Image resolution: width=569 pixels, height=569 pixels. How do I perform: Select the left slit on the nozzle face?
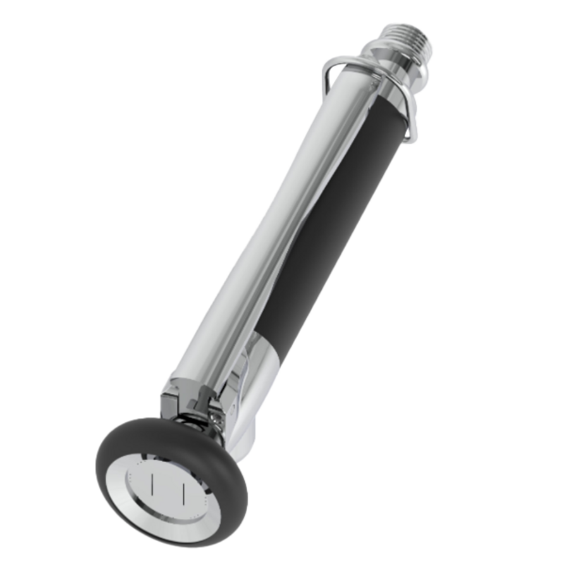point(152,485)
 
